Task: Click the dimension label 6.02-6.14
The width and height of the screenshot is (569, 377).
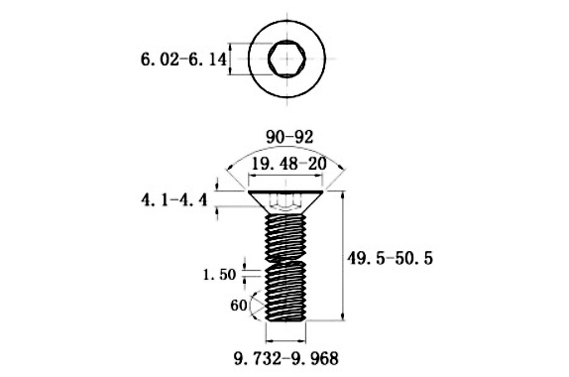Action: point(184,62)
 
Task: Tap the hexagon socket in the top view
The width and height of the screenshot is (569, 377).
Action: point(285,61)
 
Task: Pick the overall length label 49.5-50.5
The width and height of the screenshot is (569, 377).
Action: point(391,257)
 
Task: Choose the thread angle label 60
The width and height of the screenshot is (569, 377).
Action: point(238,306)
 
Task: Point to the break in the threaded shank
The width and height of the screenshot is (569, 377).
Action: point(285,260)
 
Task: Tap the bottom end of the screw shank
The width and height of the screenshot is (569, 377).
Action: point(285,318)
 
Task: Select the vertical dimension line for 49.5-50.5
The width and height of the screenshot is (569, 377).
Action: point(343,257)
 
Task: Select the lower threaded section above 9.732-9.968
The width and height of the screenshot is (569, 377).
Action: point(285,293)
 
